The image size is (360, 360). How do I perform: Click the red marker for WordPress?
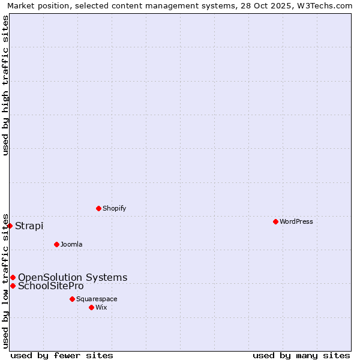(275, 221)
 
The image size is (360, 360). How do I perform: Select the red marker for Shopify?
(98, 208)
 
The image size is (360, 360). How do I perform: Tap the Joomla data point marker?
(56, 244)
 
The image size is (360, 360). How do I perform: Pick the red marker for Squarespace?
(72, 299)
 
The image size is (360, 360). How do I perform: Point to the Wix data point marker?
(91, 307)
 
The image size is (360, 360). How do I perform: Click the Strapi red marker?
(10, 226)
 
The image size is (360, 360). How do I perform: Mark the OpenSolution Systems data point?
(13, 277)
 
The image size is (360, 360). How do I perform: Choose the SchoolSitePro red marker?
(13, 286)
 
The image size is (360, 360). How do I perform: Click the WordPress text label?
(296, 221)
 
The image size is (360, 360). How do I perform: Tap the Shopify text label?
(114, 208)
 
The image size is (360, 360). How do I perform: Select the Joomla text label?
(71, 244)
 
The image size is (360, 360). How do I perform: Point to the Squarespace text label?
(97, 299)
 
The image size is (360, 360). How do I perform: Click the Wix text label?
(101, 307)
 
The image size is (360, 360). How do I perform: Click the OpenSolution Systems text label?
(73, 277)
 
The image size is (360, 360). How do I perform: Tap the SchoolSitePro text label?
(51, 286)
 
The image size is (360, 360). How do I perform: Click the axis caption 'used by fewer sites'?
(62, 355)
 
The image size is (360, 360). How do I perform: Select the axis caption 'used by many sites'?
(301, 355)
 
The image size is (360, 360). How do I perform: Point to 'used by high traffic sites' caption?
(6, 85)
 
